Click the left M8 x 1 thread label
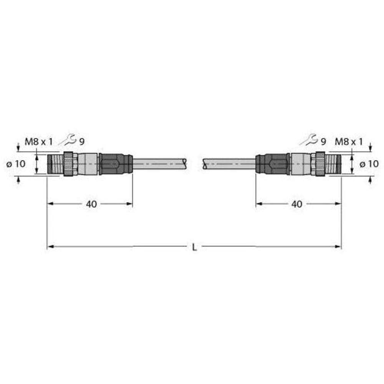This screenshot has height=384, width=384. click(x=38, y=142)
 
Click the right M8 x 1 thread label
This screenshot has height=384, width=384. click(x=349, y=142)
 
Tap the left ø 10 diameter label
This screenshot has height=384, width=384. click(x=17, y=164)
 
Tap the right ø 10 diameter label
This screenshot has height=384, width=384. click(x=369, y=164)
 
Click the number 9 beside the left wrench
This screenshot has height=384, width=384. click(x=82, y=142)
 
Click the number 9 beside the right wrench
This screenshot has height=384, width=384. click(x=323, y=142)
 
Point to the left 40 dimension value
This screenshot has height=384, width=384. click(x=91, y=204)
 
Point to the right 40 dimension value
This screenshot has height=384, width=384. click(x=296, y=204)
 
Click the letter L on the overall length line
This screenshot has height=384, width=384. click(x=195, y=248)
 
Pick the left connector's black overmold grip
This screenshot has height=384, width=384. click(x=115, y=164)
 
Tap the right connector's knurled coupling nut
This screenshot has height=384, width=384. click(x=320, y=164)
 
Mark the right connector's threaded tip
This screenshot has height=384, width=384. click(x=333, y=164)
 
